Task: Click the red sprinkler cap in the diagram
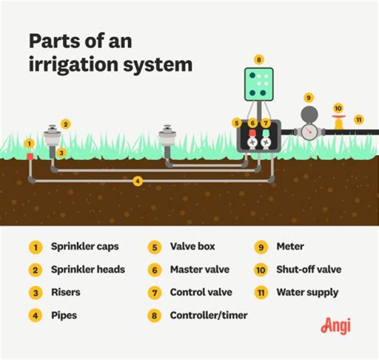(x=30, y=157)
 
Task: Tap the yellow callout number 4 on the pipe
(x=137, y=181)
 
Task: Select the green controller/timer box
(x=258, y=84)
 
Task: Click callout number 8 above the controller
(x=258, y=59)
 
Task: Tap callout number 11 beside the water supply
(x=358, y=119)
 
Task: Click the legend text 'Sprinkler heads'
(x=88, y=269)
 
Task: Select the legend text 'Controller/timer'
(x=208, y=316)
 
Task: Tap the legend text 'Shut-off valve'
(x=308, y=269)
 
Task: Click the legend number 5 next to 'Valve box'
(x=154, y=247)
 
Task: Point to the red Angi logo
(x=335, y=325)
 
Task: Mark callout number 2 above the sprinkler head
(x=65, y=125)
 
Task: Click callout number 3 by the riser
(x=61, y=153)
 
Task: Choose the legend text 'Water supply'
(x=307, y=292)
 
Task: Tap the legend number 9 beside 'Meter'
(x=261, y=247)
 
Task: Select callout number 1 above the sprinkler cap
(x=29, y=144)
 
